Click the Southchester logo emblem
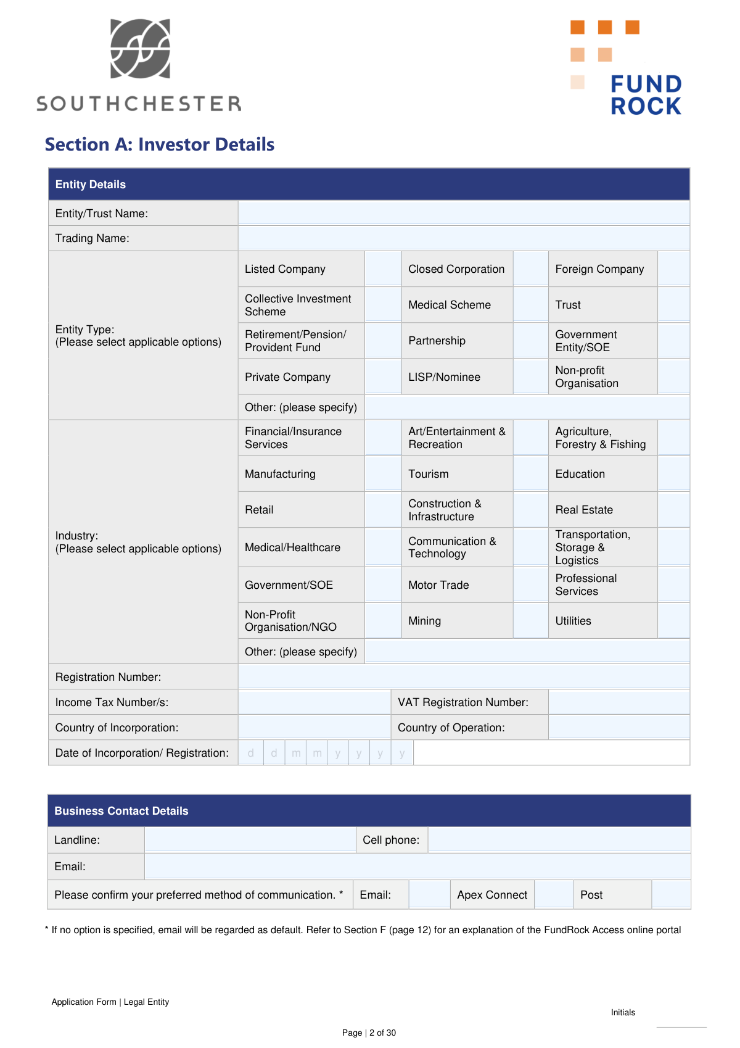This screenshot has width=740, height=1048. tap(140, 49)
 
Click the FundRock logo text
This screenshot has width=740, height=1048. tap(646, 95)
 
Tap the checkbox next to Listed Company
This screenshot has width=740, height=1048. tap(383, 269)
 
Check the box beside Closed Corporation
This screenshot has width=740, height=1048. tap(530, 269)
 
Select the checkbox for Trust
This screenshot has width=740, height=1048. tap(673, 305)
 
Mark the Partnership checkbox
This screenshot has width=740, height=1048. tap(530, 341)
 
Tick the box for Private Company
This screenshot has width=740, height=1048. tap(383, 377)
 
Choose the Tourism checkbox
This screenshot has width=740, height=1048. tap(530, 474)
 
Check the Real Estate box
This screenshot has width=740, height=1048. tap(673, 510)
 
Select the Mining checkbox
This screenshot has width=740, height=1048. tap(530, 621)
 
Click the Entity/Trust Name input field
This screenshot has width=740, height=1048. tap(464, 214)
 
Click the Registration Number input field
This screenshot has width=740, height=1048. tap(464, 677)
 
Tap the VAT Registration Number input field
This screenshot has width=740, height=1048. tap(619, 702)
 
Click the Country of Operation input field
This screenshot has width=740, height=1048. tap(619, 728)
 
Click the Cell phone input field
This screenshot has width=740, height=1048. tap(559, 840)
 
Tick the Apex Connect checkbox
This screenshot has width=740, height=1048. tap(554, 895)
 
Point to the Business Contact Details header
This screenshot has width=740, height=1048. tap(121, 811)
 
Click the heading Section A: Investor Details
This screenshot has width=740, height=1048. tap(160, 144)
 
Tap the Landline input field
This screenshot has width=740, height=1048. tap(250, 840)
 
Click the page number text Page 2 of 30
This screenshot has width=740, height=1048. tap(369, 1033)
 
